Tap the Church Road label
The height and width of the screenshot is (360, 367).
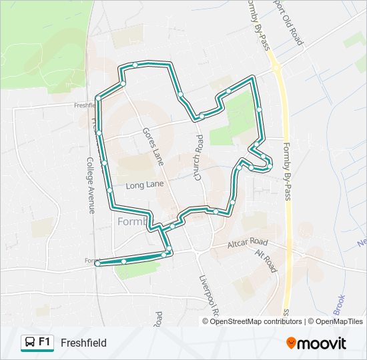(198, 158)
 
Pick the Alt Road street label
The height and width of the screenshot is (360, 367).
(265, 261)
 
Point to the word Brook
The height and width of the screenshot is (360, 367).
(339, 303)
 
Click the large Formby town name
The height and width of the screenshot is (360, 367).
(131, 221)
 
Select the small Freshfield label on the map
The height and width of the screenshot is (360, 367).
(85, 105)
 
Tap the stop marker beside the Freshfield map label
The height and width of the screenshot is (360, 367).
(98, 99)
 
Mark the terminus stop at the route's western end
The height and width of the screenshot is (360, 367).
(97, 264)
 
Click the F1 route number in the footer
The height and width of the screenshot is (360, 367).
(45, 342)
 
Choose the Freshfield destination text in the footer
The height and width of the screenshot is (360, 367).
(83, 343)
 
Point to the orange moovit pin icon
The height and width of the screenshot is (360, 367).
(291, 343)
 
